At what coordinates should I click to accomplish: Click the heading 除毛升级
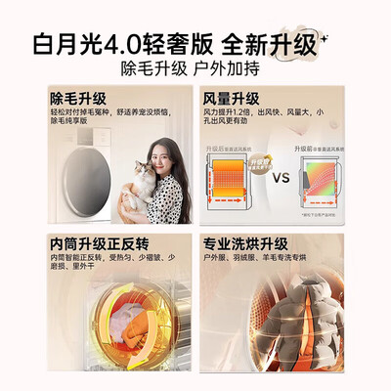pyautogui.click(x=80, y=101)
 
